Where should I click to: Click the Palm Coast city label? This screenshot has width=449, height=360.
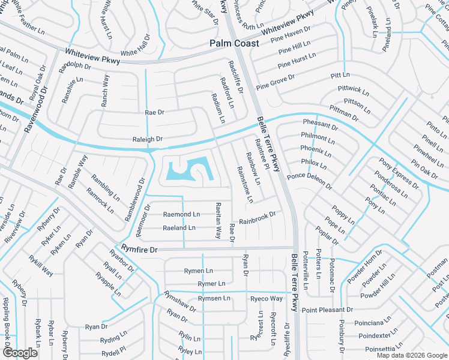(235, 43)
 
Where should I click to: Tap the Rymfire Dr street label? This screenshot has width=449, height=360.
(139, 249)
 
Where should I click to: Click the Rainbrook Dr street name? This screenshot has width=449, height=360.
(257, 218)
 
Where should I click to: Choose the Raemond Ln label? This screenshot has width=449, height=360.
(181, 214)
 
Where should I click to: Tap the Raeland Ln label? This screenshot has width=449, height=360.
(179, 228)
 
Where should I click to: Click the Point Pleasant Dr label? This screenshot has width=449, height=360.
(327, 310)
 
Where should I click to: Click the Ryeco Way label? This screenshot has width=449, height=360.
(267, 298)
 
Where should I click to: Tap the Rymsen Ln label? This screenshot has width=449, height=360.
(214, 298)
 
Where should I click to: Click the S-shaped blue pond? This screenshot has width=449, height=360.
(189, 171)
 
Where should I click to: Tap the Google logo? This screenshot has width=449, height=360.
(20, 353)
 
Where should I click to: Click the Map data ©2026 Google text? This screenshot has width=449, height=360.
(411, 355)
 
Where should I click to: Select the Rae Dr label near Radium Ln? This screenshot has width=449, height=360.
(154, 112)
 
